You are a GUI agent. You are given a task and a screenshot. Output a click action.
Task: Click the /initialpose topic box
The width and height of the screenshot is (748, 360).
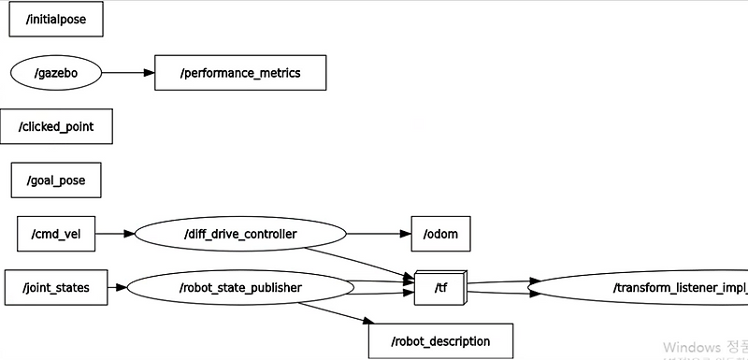pyautogui.click(x=55, y=19)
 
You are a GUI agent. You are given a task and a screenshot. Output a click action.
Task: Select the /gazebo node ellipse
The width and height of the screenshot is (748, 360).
pyautogui.click(x=55, y=72)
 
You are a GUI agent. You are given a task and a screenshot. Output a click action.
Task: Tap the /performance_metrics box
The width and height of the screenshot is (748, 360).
pyautogui.click(x=240, y=72)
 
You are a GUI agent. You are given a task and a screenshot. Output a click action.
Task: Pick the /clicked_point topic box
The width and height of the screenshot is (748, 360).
pyautogui.click(x=56, y=126)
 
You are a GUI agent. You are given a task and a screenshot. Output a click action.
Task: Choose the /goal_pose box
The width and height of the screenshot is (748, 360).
pyautogui.click(x=56, y=180)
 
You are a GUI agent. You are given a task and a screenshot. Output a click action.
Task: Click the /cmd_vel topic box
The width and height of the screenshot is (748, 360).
pyautogui.click(x=56, y=234)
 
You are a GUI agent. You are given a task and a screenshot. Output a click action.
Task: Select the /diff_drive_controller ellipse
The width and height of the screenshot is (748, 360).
pyautogui.click(x=240, y=234)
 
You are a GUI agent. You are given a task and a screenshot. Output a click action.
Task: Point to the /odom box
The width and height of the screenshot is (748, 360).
pyautogui.click(x=440, y=234)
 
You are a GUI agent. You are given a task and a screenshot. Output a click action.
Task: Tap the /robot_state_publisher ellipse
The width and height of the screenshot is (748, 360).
pyautogui.click(x=240, y=287)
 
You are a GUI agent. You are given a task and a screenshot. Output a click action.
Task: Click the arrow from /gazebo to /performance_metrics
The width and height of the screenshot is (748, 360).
pyautogui.click(x=127, y=72)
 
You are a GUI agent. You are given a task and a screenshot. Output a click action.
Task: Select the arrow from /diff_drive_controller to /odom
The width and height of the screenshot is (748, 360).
pyautogui.click(x=378, y=234)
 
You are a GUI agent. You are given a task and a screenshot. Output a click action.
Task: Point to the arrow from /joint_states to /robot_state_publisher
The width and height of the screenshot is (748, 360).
pyautogui.click(x=116, y=287)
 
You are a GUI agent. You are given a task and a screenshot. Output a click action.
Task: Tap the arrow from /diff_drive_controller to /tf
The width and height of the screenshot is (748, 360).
pyautogui.click(x=360, y=263)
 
